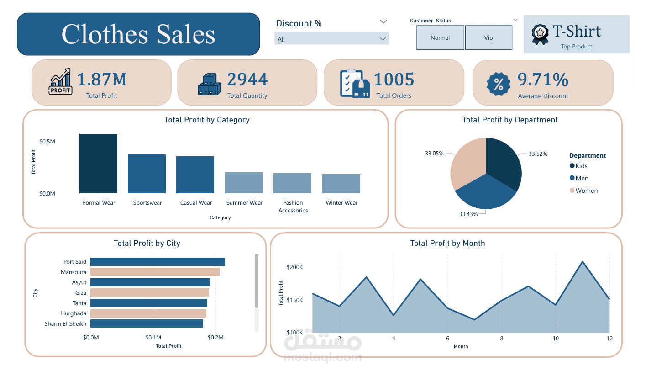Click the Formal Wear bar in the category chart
pyautogui.click(x=98, y=163)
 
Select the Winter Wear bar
pyautogui.click(x=341, y=184)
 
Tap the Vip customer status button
pyautogui.click(x=488, y=38)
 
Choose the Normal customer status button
pyautogui.click(x=440, y=38)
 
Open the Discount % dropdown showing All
pyautogui.click(x=331, y=39)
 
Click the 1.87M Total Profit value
pyautogui.click(x=101, y=79)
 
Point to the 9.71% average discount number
pyautogui.click(x=543, y=80)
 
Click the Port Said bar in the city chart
pyautogui.click(x=158, y=262)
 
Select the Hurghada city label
pyautogui.click(x=74, y=313)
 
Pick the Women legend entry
pyautogui.click(x=586, y=191)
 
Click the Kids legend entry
pyautogui.click(x=581, y=166)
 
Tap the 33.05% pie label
pyautogui.click(x=434, y=154)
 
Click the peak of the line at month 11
pyautogui.click(x=583, y=262)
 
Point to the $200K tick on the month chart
pyautogui.click(x=294, y=267)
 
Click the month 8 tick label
pyautogui.click(x=501, y=339)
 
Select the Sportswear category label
pyautogui.click(x=147, y=203)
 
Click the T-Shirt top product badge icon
pyautogui.click(x=540, y=33)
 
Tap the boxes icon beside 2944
pyautogui.click(x=209, y=84)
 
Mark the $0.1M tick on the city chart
pyautogui.click(x=153, y=338)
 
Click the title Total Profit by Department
pyautogui.click(x=509, y=120)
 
